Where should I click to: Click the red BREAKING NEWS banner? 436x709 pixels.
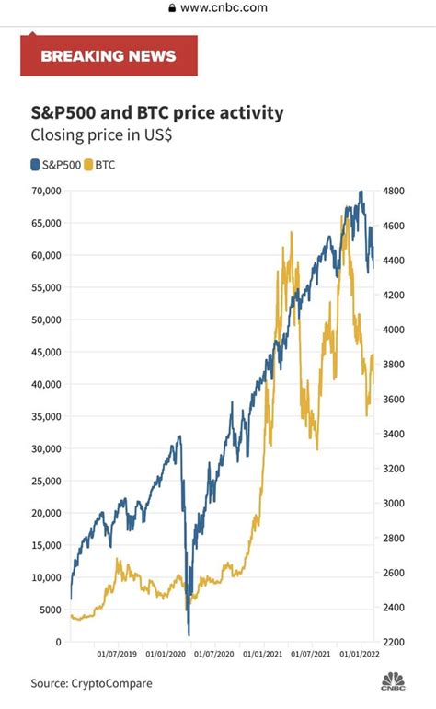pyautogui.click(x=109, y=56)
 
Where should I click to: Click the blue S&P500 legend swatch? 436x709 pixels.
pyautogui.click(x=35, y=166)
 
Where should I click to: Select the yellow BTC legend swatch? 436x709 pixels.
pyautogui.click(x=88, y=166)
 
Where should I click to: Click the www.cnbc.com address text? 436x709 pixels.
pyautogui.click(x=224, y=7)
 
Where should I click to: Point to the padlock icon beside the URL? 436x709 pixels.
pyautogui.click(x=171, y=7)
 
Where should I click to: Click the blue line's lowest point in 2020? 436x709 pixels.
pyautogui.click(x=189, y=633)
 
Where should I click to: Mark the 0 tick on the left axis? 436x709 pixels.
pyautogui.click(x=57, y=642)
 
